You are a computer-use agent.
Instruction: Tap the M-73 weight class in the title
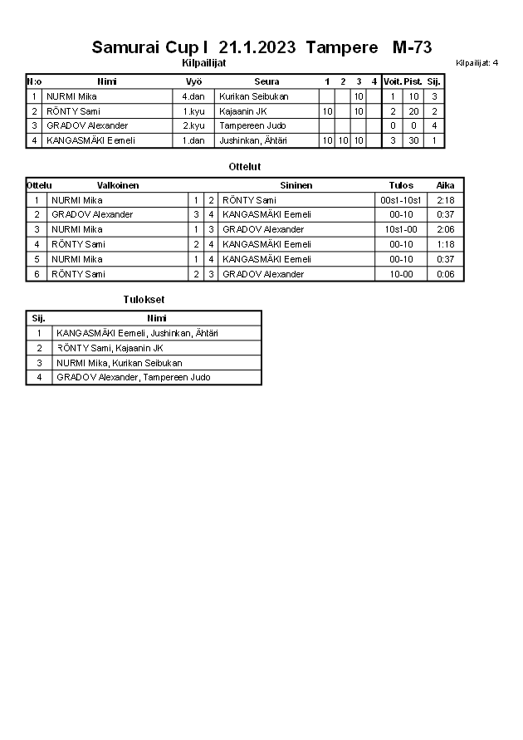pos(412,47)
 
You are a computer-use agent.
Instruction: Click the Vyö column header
pos(193,81)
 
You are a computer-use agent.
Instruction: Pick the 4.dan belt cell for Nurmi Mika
pos(193,96)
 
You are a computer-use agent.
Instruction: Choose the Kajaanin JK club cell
pos(243,111)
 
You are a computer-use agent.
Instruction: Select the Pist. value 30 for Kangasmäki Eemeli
pos(413,140)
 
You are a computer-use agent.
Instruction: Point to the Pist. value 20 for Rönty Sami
pos(413,111)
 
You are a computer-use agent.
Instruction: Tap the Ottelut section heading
pos(245,167)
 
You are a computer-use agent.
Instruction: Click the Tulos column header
pos(401,185)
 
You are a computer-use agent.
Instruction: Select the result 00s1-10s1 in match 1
pos(401,200)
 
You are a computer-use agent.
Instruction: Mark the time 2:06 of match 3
pos(445,229)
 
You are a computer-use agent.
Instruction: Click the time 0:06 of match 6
pos(445,274)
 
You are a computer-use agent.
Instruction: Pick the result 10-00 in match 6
pos(401,274)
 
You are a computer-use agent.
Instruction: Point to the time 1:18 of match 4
pos(445,244)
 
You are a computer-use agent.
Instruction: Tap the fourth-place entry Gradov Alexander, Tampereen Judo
pos(133,377)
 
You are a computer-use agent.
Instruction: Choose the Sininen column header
pos(296,185)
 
